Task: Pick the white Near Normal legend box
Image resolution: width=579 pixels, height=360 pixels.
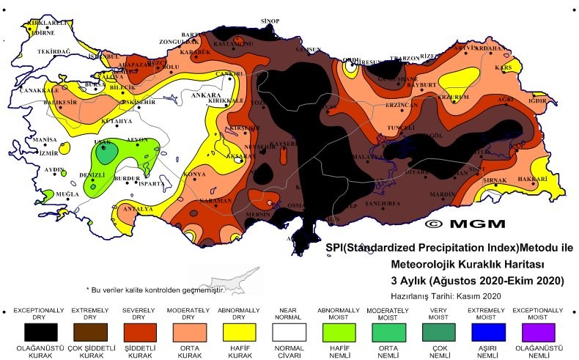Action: (288, 331)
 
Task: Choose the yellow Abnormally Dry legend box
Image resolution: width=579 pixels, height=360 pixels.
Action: (238, 331)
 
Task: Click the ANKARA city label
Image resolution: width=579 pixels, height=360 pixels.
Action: (206, 95)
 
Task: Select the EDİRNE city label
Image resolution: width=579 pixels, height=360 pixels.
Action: (43, 32)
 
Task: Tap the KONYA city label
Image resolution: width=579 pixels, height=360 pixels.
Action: (195, 175)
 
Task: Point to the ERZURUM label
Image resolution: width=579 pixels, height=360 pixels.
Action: (453, 97)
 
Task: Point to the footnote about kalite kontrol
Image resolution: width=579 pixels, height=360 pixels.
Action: (154, 290)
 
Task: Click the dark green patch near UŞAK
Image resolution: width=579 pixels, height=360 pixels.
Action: (107, 154)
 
